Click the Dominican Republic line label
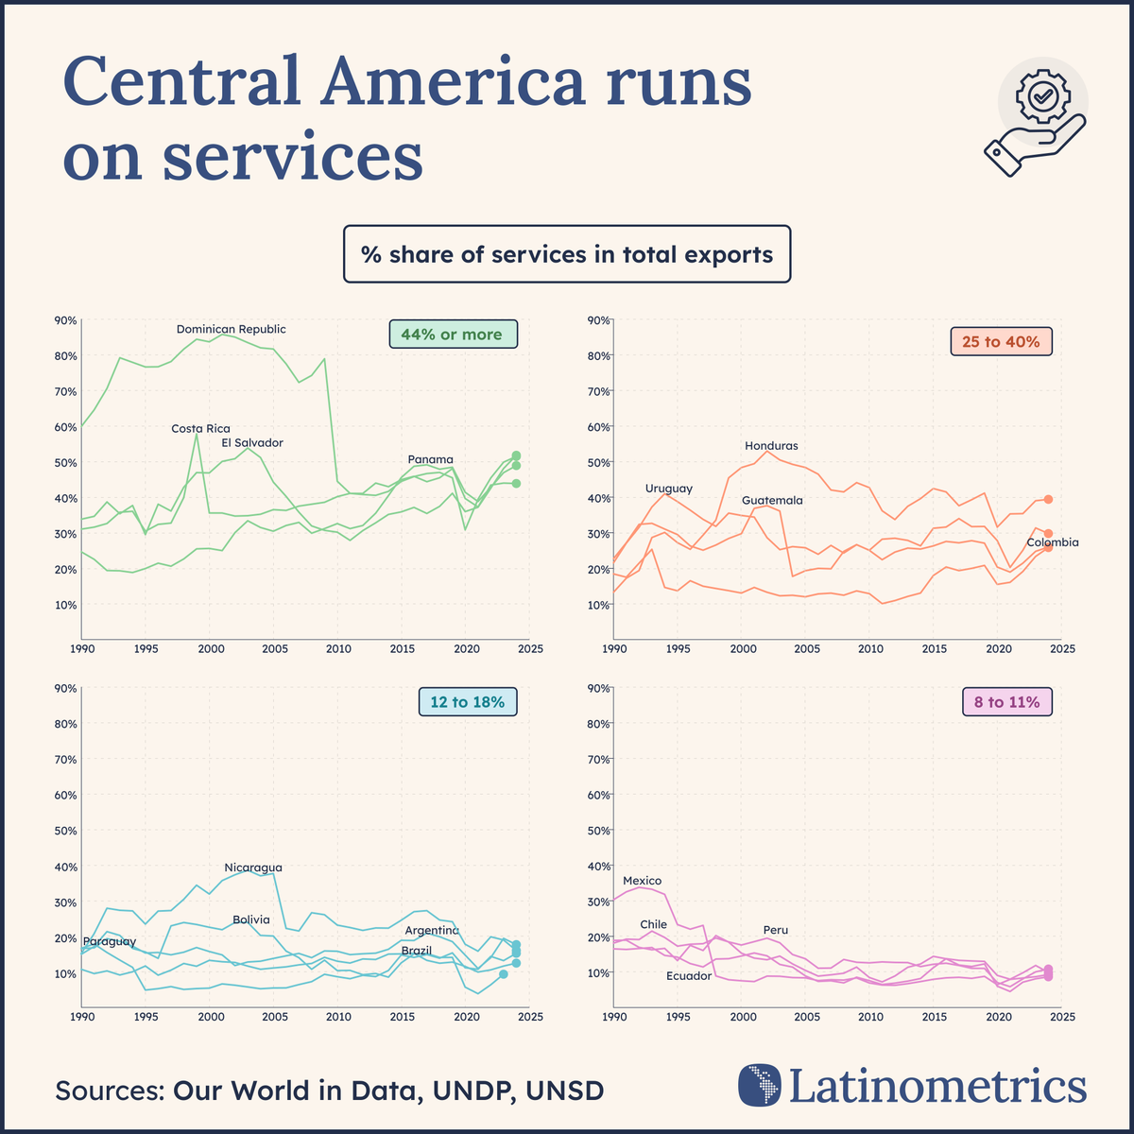point(232,329)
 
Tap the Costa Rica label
point(200,428)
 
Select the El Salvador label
point(252,442)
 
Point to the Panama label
point(430,459)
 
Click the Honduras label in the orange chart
point(771,445)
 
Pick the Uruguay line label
point(669,489)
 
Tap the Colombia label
point(1052,542)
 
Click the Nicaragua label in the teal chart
point(252,868)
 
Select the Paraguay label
point(110,941)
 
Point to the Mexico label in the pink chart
point(642,881)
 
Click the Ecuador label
point(688,975)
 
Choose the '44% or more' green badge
point(453,335)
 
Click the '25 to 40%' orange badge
point(1000,342)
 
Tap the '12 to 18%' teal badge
point(468,702)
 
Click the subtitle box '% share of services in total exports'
point(567,254)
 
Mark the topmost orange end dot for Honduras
point(1048,499)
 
